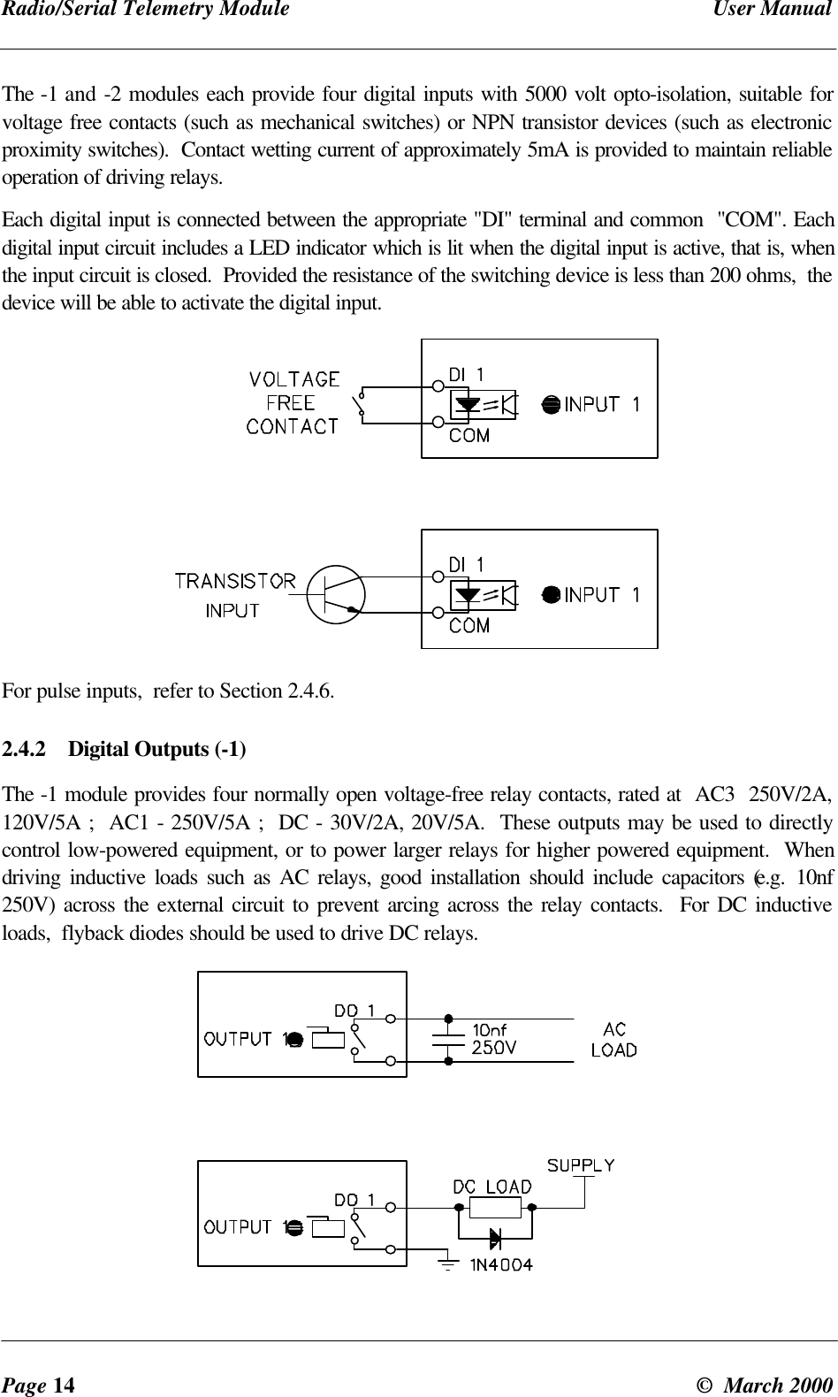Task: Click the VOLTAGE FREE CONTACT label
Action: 293,403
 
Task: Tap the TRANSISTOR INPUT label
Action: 234,594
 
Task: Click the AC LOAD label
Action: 613,1040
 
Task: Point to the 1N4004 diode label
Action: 500,1264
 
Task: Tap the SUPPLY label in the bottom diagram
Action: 581,1165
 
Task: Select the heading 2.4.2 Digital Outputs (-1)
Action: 125,750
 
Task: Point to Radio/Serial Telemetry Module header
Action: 145,10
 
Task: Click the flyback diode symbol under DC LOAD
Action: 495,1236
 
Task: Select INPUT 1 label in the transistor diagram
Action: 602,595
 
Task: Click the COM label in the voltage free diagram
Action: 469,435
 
